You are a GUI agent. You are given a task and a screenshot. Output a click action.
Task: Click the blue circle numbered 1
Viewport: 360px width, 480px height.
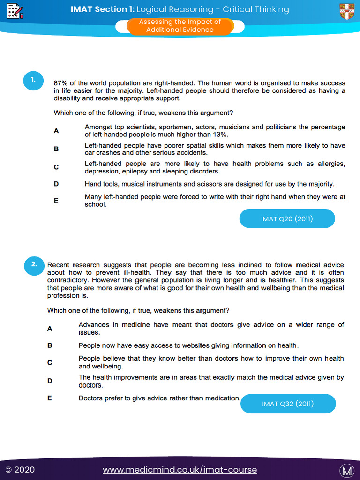(x=33, y=80)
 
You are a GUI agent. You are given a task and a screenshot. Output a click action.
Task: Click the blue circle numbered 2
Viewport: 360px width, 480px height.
(x=34, y=264)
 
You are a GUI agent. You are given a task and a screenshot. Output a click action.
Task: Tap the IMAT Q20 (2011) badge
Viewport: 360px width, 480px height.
(x=287, y=218)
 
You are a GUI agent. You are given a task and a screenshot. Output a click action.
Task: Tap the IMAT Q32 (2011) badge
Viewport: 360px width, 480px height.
(x=288, y=404)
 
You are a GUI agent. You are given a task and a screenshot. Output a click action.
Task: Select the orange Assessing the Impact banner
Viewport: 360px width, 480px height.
(x=180, y=26)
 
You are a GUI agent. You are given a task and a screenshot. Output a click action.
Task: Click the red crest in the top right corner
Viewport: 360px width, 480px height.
(x=347, y=11)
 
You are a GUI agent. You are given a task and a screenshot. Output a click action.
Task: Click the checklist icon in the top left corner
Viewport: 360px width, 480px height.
(x=15, y=10)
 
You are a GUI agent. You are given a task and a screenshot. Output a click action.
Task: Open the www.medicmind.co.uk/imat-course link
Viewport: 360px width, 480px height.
(x=180, y=470)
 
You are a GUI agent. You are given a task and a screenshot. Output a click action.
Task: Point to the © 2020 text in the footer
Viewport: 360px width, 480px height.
(x=20, y=470)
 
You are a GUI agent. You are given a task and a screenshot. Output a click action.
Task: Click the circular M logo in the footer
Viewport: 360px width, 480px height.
(x=347, y=470)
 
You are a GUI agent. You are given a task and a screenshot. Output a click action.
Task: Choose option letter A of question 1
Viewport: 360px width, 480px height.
(x=56, y=131)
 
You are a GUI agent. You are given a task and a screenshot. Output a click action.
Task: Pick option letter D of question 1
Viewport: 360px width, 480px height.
(x=56, y=184)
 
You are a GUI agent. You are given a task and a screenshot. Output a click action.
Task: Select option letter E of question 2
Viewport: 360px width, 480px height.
(x=50, y=398)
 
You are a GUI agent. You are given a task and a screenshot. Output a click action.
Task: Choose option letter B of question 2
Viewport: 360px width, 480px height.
(x=50, y=345)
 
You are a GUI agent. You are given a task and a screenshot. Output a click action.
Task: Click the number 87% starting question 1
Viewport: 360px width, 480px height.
(x=61, y=83)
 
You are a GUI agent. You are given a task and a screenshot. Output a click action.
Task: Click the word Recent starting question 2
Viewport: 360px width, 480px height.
(x=58, y=265)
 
